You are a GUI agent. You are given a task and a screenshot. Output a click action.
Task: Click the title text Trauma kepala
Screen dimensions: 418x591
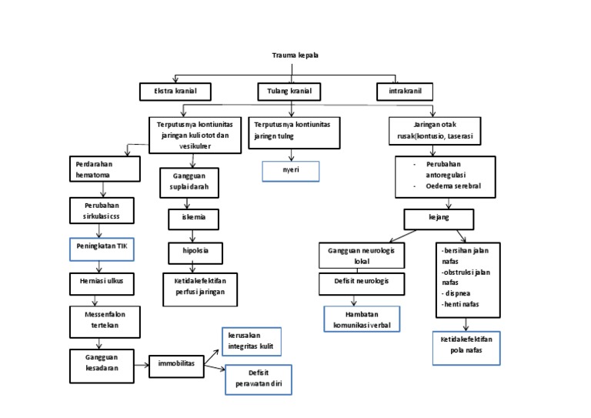[295, 55]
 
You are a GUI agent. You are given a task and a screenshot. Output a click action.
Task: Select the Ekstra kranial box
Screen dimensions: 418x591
[176, 92]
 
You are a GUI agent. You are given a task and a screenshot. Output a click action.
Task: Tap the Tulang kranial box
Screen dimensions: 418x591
[289, 92]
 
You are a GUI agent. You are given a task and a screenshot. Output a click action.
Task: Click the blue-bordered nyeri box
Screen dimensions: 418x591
[290, 171]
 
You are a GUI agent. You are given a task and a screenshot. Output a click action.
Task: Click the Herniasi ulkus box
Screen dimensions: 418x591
[104, 281]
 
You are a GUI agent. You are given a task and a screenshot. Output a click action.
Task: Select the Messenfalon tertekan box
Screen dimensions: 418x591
[104, 319]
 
